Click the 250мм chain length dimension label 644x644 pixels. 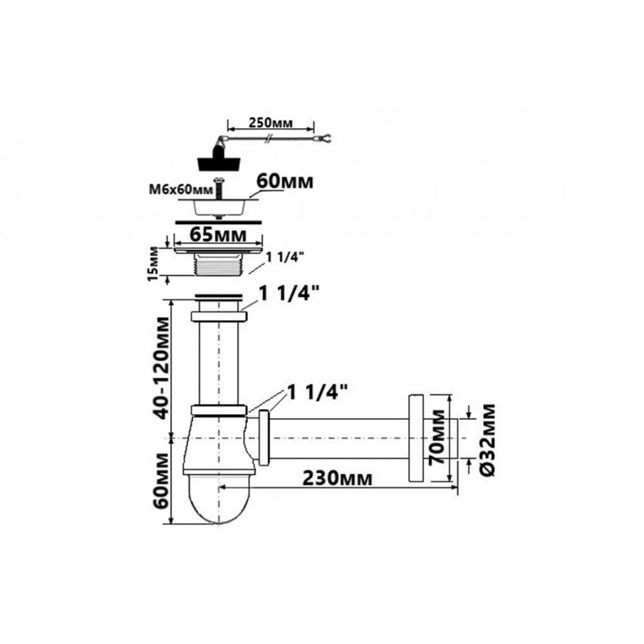coord(270,122)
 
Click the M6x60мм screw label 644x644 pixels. coord(181,190)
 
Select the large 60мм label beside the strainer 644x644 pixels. coord(285,181)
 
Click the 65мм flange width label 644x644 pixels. coord(218,235)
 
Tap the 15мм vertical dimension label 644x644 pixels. coord(153,263)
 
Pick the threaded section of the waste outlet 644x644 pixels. coord(218,265)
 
